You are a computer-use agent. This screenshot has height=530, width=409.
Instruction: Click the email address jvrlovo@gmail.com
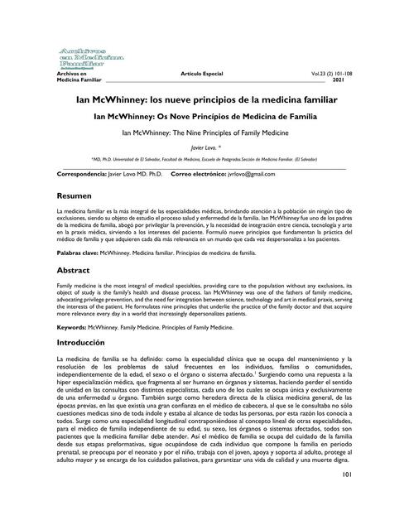coord(246,176)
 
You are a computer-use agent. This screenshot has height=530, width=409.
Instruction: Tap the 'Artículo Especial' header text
coord(204,74)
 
